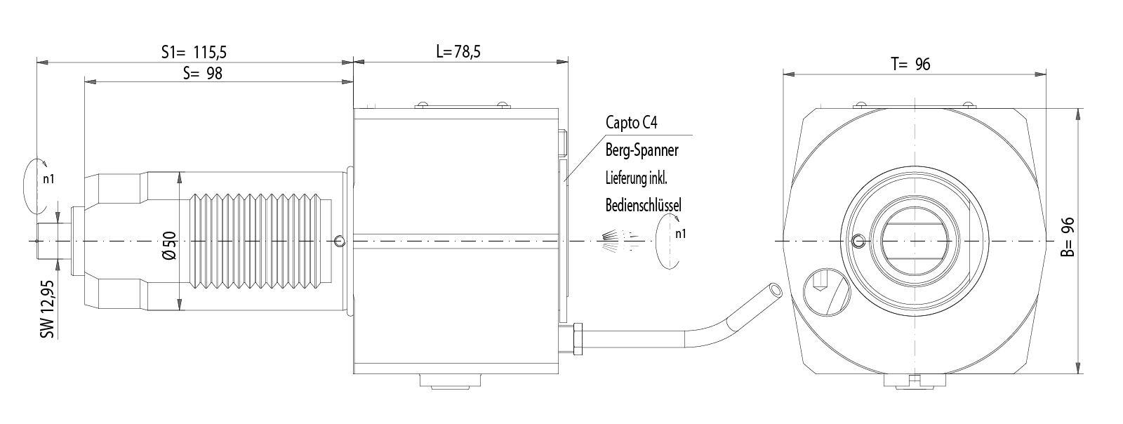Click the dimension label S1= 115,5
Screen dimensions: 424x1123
[x=194, y=52]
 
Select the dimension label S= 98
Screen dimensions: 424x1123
[x=202, y=73]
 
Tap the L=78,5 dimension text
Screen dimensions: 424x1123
[x=462, y=51]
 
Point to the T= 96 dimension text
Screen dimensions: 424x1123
[x=910, y=64]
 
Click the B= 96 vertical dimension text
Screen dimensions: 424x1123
[x=1067, y=237]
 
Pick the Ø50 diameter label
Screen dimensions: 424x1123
[x=170, y=246]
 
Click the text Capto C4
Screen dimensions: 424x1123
[x=632, y=123]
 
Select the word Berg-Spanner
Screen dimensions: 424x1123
[x=642, y=150]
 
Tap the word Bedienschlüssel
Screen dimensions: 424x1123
[x=643, y=205]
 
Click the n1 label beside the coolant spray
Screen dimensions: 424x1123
[x=680, y=234]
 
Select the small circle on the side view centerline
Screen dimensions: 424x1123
[x=340, y=241]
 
